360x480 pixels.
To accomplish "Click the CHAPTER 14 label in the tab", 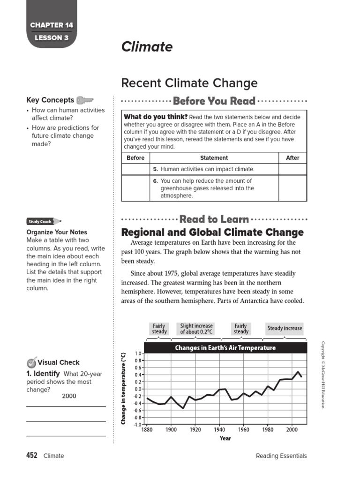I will pos(52,25).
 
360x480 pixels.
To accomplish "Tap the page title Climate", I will pos(147,47).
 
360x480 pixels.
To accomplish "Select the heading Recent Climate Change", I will pos(189,83).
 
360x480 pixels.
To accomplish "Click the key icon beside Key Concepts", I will pos(85,100).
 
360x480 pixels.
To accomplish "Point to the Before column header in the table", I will pos(135,158).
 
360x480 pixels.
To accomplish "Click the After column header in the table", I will pos(292,158).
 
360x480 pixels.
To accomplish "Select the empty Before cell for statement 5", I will pos(135,169).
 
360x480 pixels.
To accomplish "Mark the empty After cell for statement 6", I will pos(292,188).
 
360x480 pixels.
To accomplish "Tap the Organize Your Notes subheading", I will pos(57,232).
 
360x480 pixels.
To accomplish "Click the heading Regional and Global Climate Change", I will pos(212,232).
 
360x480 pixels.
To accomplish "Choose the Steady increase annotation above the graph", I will pos(285,329).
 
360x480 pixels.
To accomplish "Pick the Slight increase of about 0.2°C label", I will pos(196,329).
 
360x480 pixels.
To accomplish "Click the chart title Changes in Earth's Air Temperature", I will pos(225,348).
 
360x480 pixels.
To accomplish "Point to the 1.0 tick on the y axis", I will pos(138,353).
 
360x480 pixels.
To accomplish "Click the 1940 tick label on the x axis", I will pos(219,429).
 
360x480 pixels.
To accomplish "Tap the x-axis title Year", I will pos(225,438).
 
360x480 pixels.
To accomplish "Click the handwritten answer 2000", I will pos(69,396).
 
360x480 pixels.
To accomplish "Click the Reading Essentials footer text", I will pos(281,456).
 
